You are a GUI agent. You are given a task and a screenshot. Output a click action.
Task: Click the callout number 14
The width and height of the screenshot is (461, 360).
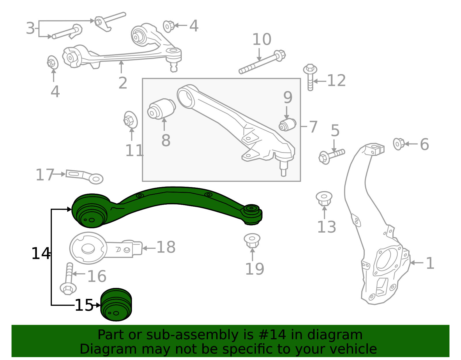pos(41,254)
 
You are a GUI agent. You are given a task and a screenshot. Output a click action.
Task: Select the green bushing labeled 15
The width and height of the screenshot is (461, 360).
pos(116,305)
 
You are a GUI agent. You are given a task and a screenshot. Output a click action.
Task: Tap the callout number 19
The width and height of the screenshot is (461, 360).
pos(254,269)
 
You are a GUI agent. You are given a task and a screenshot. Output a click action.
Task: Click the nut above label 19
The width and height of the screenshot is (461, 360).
pos(252,240)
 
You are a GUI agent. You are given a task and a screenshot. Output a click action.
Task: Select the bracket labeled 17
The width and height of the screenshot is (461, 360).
pos(84,176)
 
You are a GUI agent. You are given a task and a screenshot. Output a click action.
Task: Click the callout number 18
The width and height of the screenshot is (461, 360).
pos(166,247)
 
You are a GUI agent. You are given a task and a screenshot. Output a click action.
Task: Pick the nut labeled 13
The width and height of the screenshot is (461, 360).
pos(324,198)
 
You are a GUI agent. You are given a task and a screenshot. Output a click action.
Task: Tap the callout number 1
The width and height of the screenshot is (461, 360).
pos(430,263)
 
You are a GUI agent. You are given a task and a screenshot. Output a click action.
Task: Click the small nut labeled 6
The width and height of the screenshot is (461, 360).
pos(399,144)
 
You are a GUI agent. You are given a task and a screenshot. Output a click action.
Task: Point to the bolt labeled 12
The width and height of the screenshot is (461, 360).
pos(310,76)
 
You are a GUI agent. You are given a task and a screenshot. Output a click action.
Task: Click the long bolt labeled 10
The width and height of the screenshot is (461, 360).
pos(262,62)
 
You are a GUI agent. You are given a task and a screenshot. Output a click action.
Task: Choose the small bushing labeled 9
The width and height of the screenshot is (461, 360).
pos(288,125)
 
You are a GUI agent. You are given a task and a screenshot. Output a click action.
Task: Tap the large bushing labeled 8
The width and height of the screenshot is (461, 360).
pos(161,109)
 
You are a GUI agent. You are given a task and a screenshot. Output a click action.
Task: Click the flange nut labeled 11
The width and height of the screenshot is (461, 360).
pos(130,120)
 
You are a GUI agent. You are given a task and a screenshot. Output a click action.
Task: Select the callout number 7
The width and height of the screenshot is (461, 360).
pos(313,127)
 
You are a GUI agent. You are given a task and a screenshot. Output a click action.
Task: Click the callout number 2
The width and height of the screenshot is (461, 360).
pos(123,83)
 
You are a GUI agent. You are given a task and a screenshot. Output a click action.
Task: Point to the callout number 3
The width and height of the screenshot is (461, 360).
pos(30,29)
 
